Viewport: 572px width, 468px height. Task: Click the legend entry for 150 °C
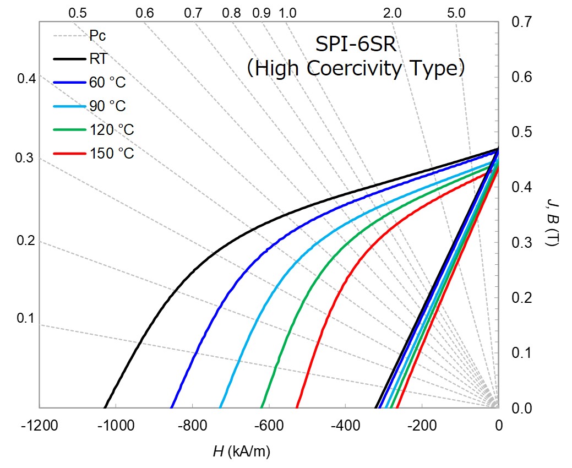(112, 154)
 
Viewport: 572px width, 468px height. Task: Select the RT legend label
(98, 59)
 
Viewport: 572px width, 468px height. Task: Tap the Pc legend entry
(97, 36)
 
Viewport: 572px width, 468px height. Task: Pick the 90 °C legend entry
(107, 106)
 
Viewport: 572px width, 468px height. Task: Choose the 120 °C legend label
(112, 130)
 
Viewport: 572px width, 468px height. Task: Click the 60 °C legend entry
(107, 83)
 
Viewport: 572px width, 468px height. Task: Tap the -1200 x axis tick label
(39, 425)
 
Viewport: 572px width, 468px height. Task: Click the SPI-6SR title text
(356, 43)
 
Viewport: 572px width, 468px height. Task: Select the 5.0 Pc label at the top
(456, 13)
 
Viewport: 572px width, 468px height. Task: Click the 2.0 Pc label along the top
(392, 13)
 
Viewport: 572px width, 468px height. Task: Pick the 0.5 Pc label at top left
(78, 13)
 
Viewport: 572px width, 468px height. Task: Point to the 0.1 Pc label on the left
(25, 318)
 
